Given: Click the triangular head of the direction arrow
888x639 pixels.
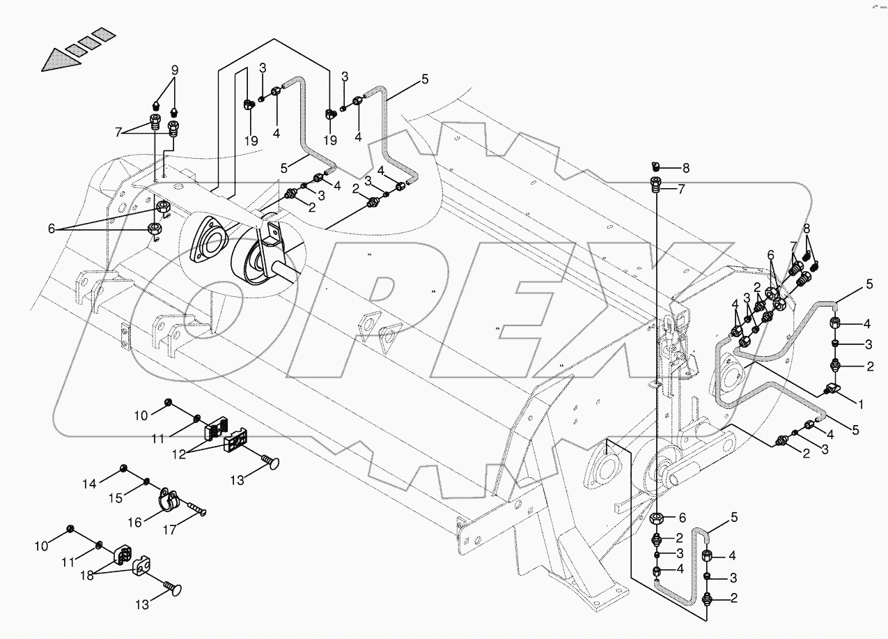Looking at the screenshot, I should [56, 60].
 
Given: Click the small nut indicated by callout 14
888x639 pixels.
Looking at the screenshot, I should [124, 467].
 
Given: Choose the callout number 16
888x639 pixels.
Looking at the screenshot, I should [134, 521].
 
